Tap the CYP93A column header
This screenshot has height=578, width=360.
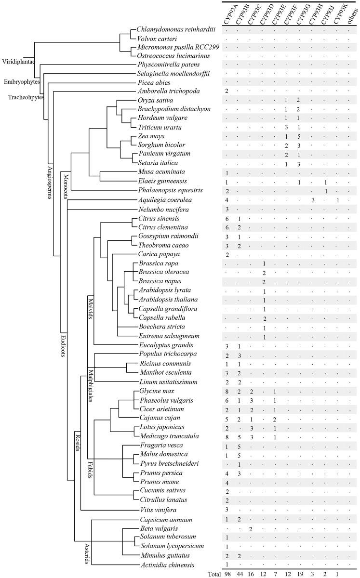pyautogui.click(x=227, y=13)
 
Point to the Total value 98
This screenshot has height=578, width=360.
pyautogui.click(x=227, y=574)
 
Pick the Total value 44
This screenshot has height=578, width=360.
pyautogui.click(x=239, y=574)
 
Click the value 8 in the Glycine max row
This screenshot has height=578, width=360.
pyautogui.click(x=227, y=391)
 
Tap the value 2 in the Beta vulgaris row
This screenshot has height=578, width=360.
pyautogui.click(x=251, y=529)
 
